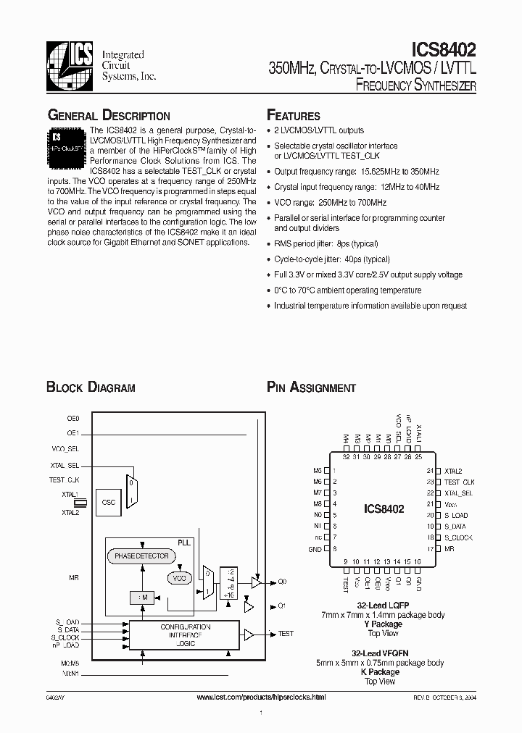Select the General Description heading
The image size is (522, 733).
[109, 116]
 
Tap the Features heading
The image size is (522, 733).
[294, 116]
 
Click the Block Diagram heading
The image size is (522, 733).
[91, 388]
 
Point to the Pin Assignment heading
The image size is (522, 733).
[311, 388]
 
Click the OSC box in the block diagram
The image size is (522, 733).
[109, 501]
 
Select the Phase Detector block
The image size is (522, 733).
[141, 556]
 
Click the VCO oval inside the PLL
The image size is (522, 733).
[178, 578]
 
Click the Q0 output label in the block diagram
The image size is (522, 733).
[283, 581]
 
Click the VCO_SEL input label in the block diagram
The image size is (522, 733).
[66, 449]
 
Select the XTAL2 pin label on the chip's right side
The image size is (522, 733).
[453, 471]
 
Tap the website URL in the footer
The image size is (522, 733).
[261, 696]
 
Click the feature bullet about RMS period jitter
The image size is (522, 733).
[326, 244]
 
